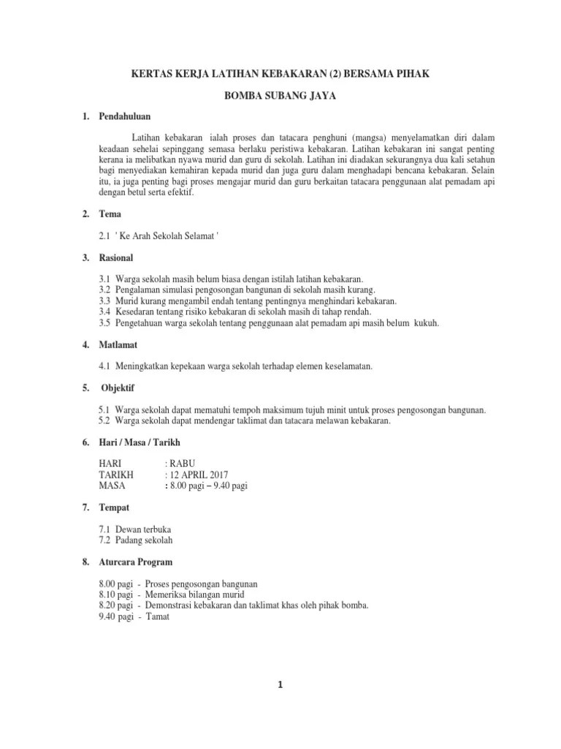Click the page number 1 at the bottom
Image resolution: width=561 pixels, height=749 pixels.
[280, 685]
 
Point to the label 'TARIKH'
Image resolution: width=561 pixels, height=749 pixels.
[115, 473]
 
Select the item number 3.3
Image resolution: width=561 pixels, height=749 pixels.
[104, 301]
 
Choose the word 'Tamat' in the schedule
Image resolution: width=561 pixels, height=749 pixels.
[157, 617]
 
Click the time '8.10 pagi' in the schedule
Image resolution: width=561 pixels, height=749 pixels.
[115, 595]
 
